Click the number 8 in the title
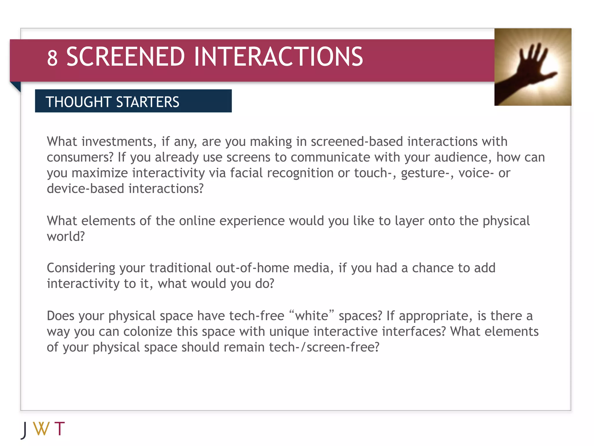click(x=52, y=58)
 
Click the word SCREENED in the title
click(x=125, y=57)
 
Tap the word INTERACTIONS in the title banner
click(x=278, y=57)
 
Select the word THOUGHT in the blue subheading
click(x=79, y=102)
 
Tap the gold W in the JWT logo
click(x=41, y=429)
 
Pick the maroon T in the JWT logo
click(x=59, y=429)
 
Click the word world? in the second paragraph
click(x=66, y=237)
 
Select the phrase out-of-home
click(x=252, y=268)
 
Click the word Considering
click(x=81, y=268)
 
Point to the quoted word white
click(x=312, y=316)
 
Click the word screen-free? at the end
click(x=343, y=347)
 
